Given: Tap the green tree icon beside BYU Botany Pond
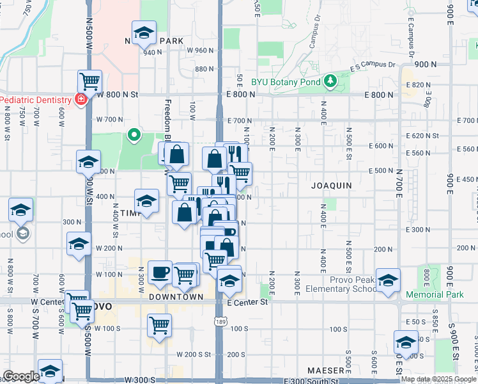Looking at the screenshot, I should point(330,81).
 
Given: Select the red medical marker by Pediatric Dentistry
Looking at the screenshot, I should point(81,99).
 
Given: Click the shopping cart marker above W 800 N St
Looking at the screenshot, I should point(89,82).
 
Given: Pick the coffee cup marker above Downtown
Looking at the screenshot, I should point(160,272).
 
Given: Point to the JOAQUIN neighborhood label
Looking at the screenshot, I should point(331,186).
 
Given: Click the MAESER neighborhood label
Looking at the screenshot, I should point(325,371).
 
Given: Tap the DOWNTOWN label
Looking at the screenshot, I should point(176,297).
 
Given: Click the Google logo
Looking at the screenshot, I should point(21,376).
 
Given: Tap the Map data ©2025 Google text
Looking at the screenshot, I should point(438,379).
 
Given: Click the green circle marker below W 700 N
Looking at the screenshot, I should point(134,135).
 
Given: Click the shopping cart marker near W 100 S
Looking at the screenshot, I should point(159,324).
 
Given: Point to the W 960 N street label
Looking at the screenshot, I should point(200,50).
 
